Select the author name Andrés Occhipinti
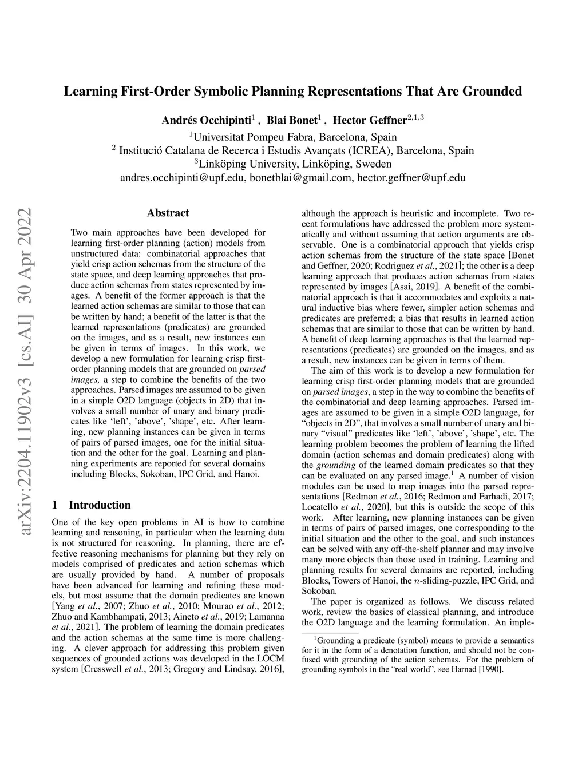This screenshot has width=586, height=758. click(x=207, y=120)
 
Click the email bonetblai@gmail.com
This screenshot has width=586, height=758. click(x=300, y=178)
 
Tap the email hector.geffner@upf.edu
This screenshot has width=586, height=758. click(x=411, y=178)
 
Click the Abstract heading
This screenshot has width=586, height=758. click(x=168, y=213)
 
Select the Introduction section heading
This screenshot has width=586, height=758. click(x=100, y=505)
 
